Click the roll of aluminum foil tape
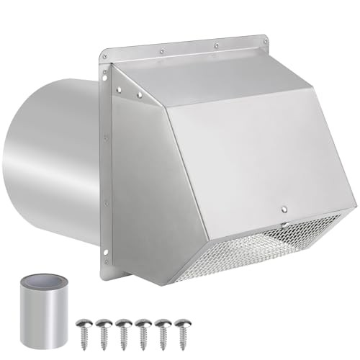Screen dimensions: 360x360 pyautogui.click(x=39, y=310)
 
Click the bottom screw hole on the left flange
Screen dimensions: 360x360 pyautogui.click(x=106, y=251)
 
